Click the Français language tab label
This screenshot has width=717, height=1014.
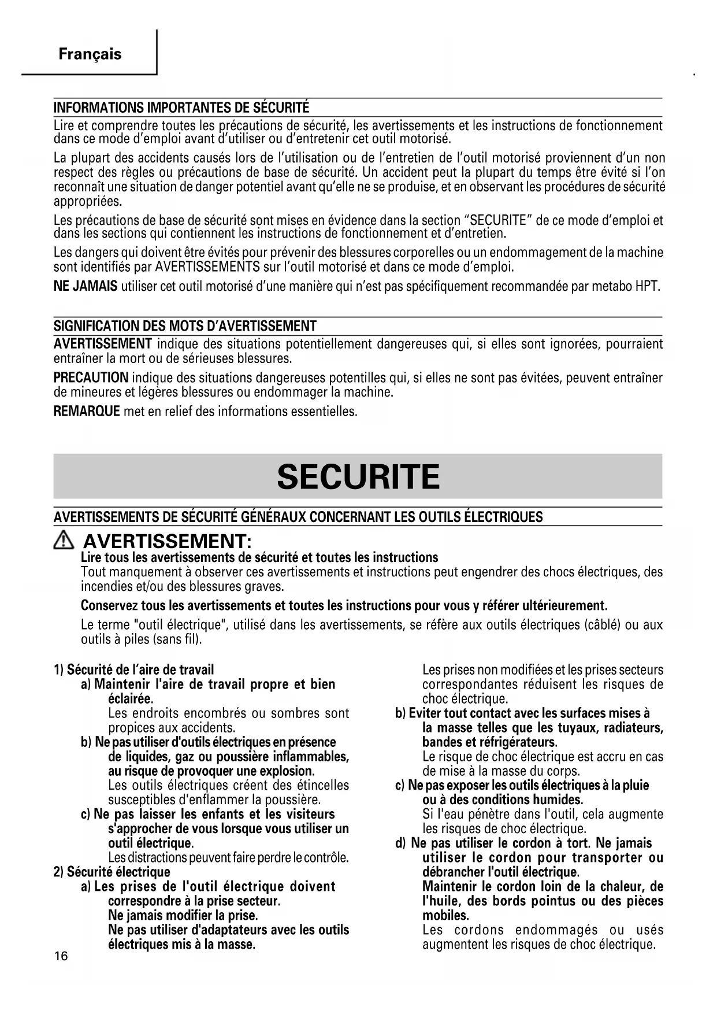(x=90, y=54)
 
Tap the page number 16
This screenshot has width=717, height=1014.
(x=61, y=956)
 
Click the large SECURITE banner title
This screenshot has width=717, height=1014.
(x=358, y=477)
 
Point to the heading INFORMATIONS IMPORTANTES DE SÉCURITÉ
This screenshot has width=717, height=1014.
(x=181, y=108)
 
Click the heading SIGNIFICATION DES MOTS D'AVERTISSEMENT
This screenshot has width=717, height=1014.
(x=185, y=325)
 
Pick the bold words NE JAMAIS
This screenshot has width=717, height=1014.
(x=86, y=286)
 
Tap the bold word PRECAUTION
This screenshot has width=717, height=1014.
(x=91, y=378)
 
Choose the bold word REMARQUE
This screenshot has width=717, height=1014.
(x=87, y=412)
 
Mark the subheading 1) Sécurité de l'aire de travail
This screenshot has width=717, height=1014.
(x=133, y=670)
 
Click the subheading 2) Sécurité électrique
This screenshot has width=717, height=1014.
(x=112, y=872)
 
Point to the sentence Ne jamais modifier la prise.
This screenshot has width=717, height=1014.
(x=183, y=916)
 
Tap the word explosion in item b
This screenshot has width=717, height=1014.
(x=288, y=771)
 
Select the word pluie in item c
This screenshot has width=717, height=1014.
(x=636, y=786)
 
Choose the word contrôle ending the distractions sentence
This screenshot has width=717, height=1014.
(x=325, y=858)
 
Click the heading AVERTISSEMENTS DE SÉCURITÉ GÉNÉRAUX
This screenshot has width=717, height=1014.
(x=298, y=517)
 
